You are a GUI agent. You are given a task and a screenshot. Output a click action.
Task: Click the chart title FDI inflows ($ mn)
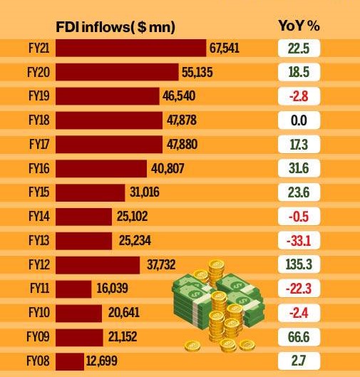115,27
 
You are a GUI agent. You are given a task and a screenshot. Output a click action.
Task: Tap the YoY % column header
299,26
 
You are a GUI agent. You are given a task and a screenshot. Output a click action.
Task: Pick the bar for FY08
69,361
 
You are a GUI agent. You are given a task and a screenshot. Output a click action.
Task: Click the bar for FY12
97,265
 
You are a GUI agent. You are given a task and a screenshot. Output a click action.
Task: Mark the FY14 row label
38,217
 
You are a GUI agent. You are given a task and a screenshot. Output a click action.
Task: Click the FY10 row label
38,313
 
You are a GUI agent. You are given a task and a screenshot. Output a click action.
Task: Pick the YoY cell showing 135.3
299,265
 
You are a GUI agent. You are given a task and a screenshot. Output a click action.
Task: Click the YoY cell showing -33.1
299,241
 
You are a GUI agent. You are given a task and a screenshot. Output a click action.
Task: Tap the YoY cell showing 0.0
299,120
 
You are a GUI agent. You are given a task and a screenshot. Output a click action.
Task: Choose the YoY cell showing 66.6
299,337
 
